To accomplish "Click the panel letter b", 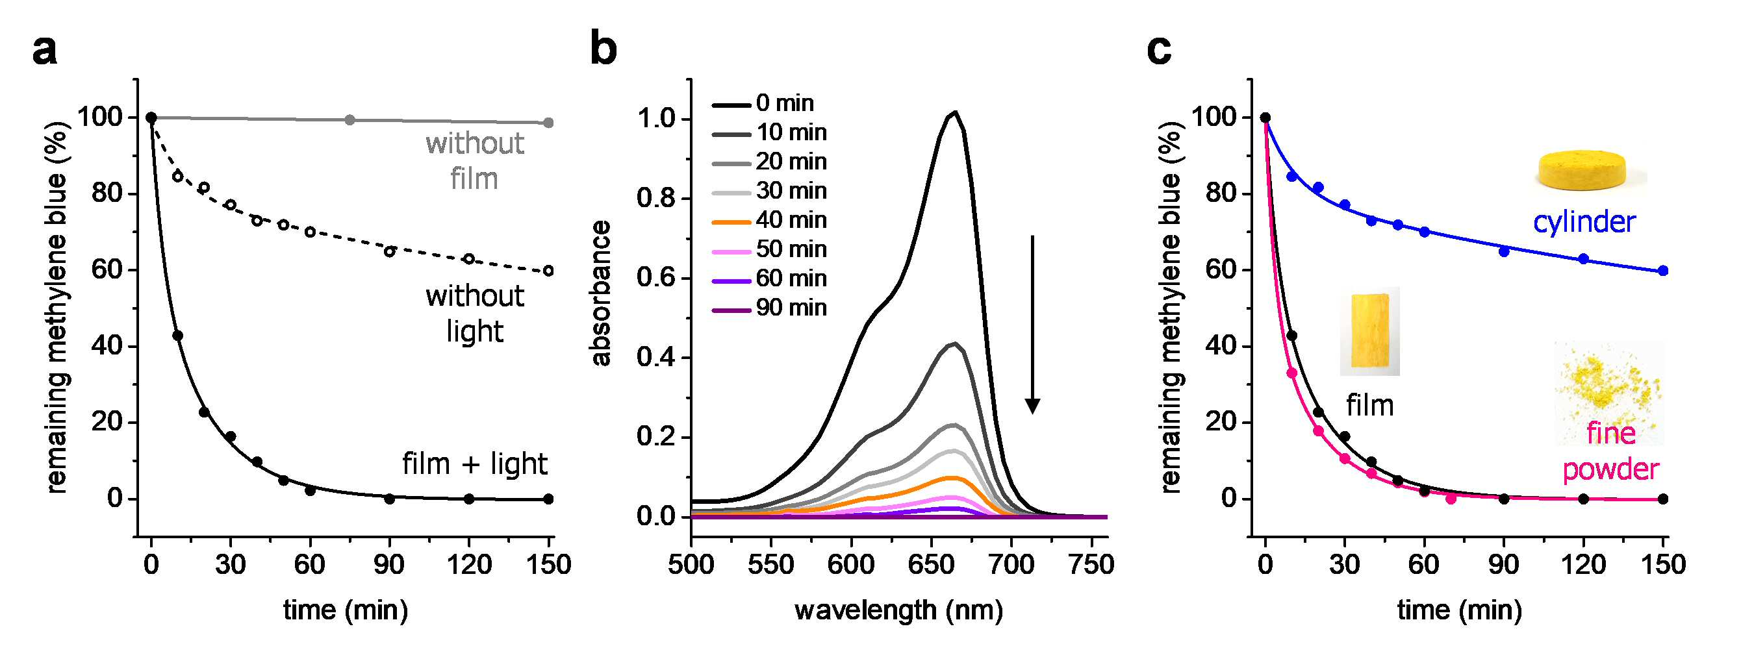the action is (x=604, y=49).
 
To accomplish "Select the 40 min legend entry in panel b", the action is (x=770, y=220).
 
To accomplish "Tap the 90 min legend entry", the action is (x=770, y=308).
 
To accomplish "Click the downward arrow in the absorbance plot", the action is (x=1032, y=325).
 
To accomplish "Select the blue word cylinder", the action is (x=1584, y=221).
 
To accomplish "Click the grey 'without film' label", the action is (x=474, y=161).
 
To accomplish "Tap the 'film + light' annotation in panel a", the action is (x=474, y=464).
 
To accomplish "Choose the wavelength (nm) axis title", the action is (x=899, y=610).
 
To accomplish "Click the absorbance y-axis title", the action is (x=601, y=293).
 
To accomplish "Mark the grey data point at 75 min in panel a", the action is (x=349, y=120).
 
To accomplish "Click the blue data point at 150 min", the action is (x=1663, y=271).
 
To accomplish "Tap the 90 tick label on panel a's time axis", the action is (x=389, y=564).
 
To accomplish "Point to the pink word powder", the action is (x=1610, y=469).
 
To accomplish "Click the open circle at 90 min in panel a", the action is (x=389, y=251).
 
